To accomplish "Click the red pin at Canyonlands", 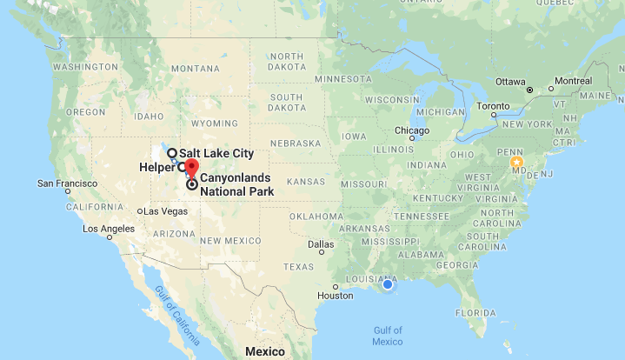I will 191,167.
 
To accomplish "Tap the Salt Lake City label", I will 216,153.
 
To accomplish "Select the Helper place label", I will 157,167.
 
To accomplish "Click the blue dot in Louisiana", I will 388,284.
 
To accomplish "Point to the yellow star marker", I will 517,162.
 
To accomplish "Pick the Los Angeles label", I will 109,229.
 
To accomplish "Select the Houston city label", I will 335,296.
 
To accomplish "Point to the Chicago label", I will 412,130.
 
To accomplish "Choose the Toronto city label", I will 494,106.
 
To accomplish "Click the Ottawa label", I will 509,81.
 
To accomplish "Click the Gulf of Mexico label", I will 388,336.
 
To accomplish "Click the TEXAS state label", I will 297,266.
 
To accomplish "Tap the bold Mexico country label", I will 263,351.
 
